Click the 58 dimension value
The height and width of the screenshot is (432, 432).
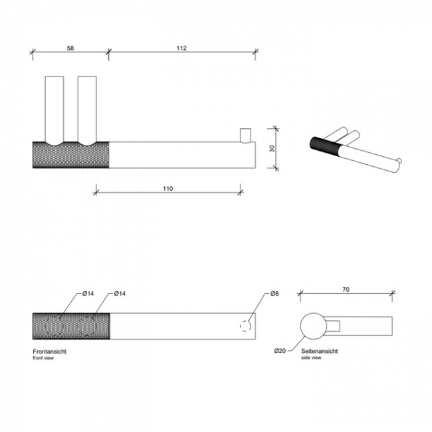70,49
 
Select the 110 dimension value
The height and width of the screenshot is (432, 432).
167,189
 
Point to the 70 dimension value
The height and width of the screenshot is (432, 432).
346,290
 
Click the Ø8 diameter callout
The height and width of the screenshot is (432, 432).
274,294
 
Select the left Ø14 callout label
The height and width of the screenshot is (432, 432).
88,294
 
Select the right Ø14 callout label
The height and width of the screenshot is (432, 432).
120,294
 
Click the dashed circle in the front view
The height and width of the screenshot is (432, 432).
246,325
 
